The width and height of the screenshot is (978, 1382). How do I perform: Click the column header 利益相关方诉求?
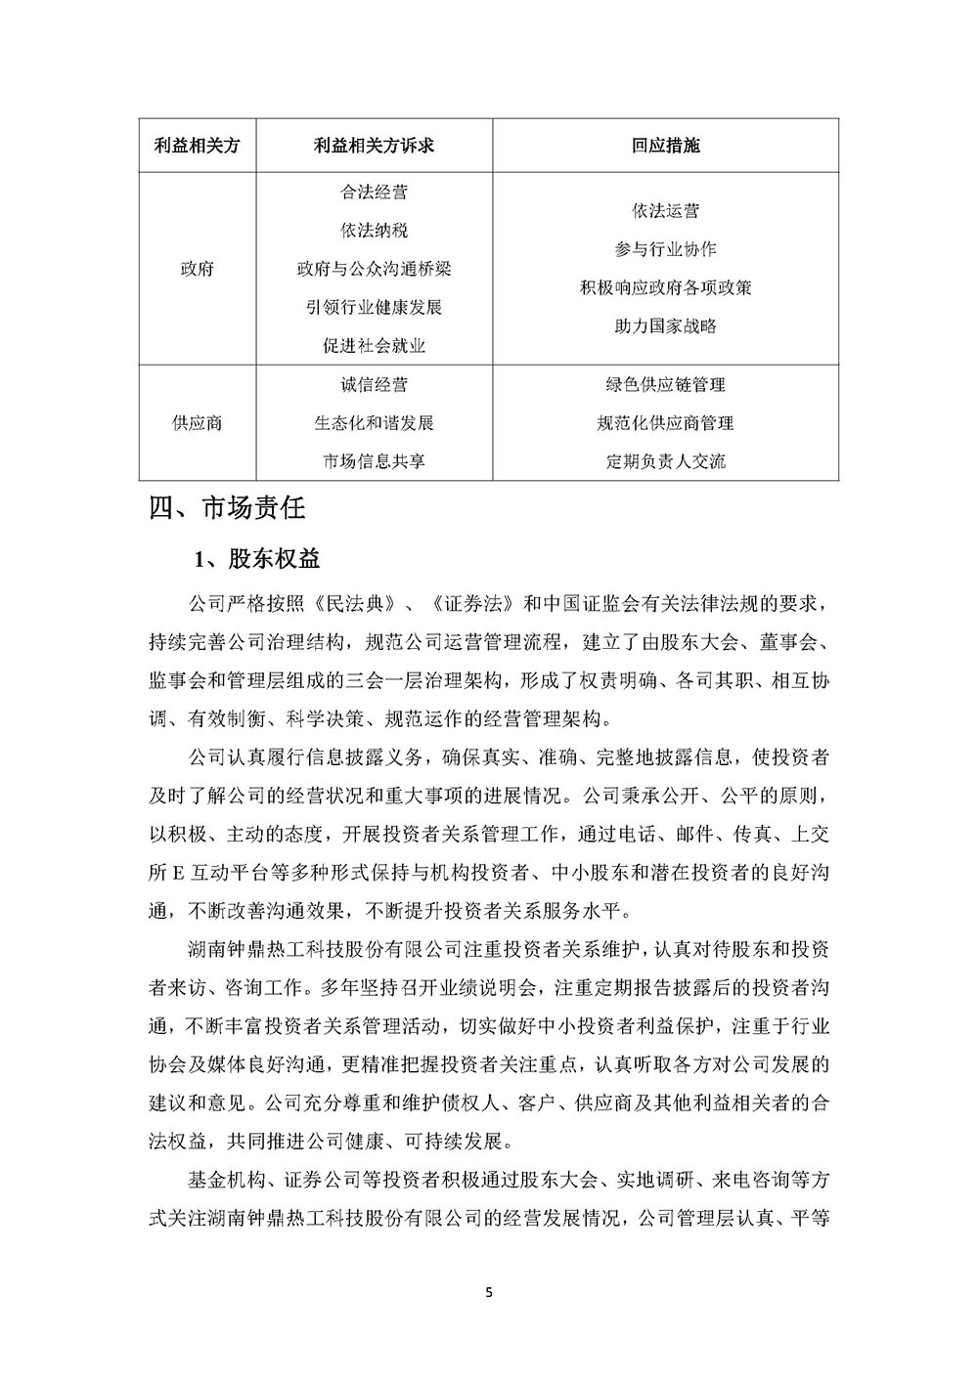(374, 146)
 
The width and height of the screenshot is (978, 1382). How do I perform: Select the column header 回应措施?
(665, 146)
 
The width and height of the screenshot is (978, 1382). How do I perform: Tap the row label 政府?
(198, 269)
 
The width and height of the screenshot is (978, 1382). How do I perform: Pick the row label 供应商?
(198, 423)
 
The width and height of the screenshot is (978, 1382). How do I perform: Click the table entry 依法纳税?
(374, 231)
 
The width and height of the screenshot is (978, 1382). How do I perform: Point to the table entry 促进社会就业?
(374, 346)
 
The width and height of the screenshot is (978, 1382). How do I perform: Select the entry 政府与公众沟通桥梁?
(374, 269)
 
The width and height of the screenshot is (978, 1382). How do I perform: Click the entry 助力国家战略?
(665, 326)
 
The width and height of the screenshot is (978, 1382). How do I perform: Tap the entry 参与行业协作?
(665, 249)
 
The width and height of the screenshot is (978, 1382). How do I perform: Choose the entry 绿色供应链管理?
(665, 385)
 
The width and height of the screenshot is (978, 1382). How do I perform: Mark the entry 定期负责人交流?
(665, 461)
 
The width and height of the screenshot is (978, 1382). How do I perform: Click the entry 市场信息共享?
(374, 461)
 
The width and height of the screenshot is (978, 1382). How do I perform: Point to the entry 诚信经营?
(374, 385)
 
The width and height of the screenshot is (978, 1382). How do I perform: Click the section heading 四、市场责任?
(227, 509)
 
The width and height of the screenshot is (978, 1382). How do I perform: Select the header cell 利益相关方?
(198, 146)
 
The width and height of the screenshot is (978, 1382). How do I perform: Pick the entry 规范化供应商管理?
(665, 423)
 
